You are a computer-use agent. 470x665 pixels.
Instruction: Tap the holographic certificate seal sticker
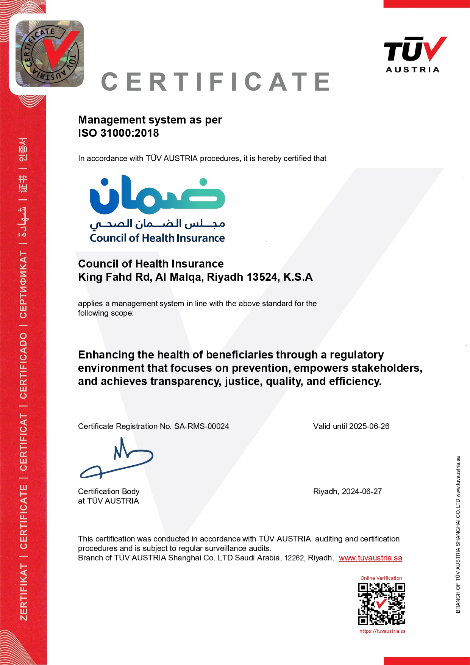pos(50,54)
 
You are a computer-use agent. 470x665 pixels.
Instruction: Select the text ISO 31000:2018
pos(119,133)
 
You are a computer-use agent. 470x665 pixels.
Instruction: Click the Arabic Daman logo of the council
pos(157,195)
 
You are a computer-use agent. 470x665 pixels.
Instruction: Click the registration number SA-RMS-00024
pos(201,426)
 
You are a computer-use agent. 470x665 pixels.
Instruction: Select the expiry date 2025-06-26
pos(369,426)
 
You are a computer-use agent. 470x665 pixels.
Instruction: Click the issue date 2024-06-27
pos(362,491)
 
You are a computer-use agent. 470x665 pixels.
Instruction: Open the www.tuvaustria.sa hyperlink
pos(370,558)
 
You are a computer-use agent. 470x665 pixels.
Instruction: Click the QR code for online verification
pos(381,604)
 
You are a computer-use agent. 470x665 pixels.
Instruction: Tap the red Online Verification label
pos(381,578)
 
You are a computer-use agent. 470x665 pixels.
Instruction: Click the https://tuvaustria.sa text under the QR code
pos(382,631)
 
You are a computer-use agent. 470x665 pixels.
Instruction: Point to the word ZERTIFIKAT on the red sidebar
pos(23,592)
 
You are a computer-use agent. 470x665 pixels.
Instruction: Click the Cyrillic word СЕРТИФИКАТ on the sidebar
pos(23,285)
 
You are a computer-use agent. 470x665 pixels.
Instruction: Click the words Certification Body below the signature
pos(109,491)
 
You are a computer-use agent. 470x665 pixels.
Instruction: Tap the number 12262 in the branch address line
pos(294,558)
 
